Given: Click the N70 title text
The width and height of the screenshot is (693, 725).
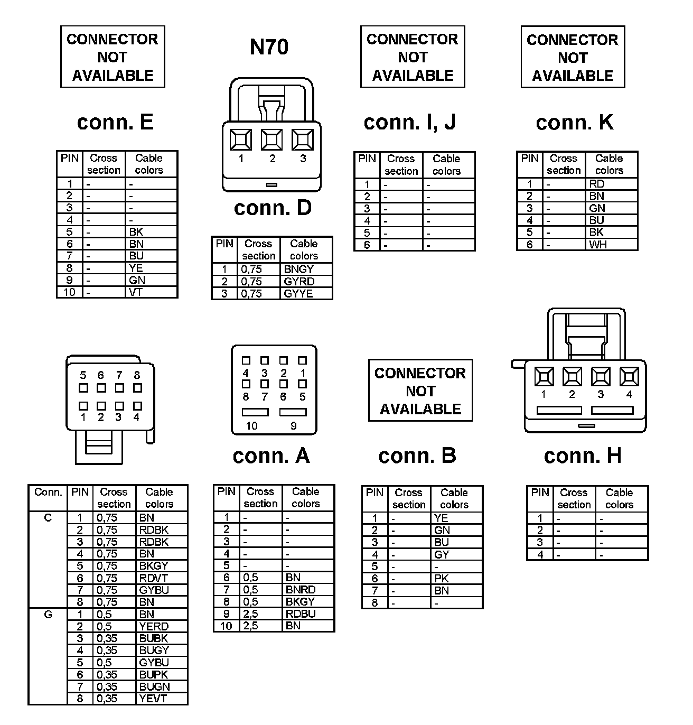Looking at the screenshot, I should click(269, 47).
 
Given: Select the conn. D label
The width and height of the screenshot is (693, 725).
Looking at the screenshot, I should click(273, 208).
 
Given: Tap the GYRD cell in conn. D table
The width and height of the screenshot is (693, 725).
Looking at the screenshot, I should click(299, 281).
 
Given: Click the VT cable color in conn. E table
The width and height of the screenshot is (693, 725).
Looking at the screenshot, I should click(136, 292).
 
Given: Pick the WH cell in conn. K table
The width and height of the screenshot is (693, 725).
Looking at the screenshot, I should click(598, 244).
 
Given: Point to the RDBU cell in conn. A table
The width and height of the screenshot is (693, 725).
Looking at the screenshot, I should click(301, 614).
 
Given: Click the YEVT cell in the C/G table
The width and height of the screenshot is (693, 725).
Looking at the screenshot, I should click(153, 698).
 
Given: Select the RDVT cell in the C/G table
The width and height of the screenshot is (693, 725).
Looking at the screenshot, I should click(153, 578).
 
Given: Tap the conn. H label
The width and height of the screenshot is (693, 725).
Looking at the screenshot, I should click(582, 456).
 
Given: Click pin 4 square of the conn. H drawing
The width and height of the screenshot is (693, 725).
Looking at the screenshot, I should click(629, 377).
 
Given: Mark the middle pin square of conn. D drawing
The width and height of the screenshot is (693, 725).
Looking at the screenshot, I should click(271, 140).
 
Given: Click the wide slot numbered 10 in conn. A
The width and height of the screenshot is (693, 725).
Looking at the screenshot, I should click(255, 412).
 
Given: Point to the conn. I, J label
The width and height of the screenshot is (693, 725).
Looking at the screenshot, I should click(409, 122).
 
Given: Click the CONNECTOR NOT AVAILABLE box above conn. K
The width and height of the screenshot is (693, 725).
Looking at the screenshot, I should click(573, 57).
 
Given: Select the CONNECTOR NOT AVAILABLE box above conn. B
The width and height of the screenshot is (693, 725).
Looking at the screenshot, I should click(420, 391).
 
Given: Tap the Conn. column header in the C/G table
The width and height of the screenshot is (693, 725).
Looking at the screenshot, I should click(48, 492).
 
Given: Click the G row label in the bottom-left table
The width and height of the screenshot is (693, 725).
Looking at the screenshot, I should click(48, 614).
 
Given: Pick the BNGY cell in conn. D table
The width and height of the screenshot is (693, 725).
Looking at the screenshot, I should click(299, 269).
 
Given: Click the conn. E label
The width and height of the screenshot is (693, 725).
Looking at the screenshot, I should click(115, 122).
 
